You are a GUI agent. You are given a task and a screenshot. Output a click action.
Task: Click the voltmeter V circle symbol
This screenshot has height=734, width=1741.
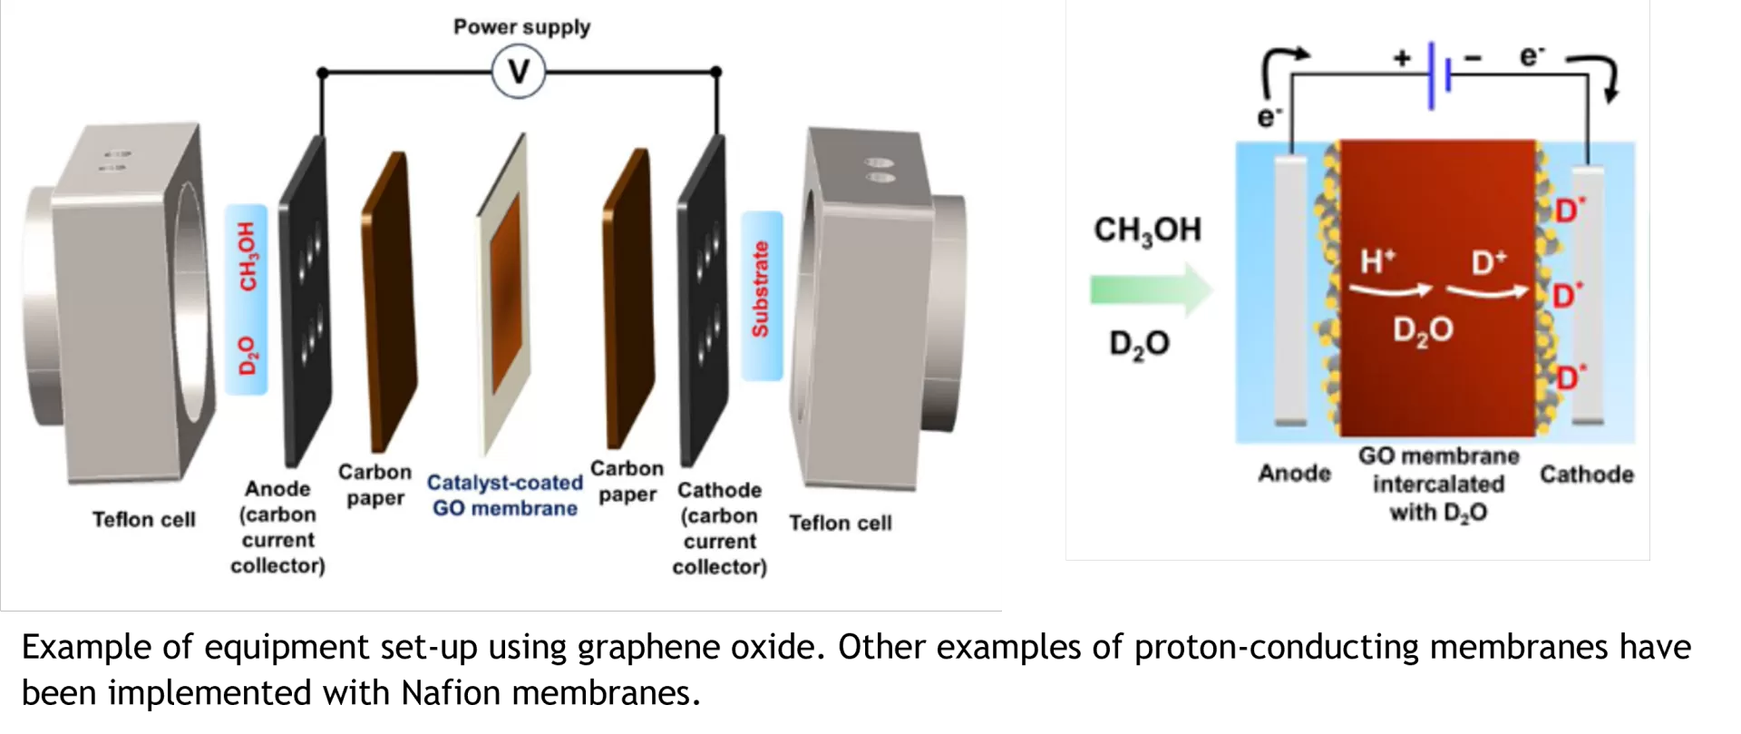pos(519,72)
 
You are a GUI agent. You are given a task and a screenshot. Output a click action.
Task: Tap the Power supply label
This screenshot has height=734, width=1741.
pos(521,27)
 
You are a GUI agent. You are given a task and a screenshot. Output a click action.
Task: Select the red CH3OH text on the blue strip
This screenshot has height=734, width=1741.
pos(248,257)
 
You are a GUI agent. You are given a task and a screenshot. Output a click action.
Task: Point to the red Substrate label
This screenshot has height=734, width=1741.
pos(761,289)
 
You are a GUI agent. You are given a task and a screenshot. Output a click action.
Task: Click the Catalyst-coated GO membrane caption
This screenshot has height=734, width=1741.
pos(505,495)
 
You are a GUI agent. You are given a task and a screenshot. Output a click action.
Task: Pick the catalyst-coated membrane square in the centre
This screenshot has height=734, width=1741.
pos(504,295)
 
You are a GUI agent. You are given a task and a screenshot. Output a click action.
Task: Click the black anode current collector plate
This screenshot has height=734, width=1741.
pos(305,299)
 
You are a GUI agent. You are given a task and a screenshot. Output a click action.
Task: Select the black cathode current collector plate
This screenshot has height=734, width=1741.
pos(703,299)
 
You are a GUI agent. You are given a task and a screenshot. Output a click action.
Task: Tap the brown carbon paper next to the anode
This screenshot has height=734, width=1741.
pos(389,299)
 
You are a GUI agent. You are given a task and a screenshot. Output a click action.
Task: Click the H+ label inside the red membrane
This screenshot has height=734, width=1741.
pos(1377,262)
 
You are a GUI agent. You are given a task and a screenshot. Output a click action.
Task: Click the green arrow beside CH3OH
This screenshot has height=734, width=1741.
pos(1150,290)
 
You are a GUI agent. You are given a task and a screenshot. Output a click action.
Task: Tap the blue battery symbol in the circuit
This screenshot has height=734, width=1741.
pos(1439,73)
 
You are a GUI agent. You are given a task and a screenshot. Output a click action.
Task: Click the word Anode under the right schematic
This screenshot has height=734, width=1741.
pos(1294,474)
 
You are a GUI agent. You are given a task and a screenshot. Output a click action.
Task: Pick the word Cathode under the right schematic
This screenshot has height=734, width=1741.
pos(1586,475)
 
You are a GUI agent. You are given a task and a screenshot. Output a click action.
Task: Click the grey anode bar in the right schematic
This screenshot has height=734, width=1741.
pos(1290,290)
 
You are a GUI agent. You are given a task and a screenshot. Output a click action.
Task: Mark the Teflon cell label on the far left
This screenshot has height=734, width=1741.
pos(143,520)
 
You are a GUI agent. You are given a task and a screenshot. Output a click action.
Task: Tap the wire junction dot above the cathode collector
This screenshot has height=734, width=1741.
pos(716,72)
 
